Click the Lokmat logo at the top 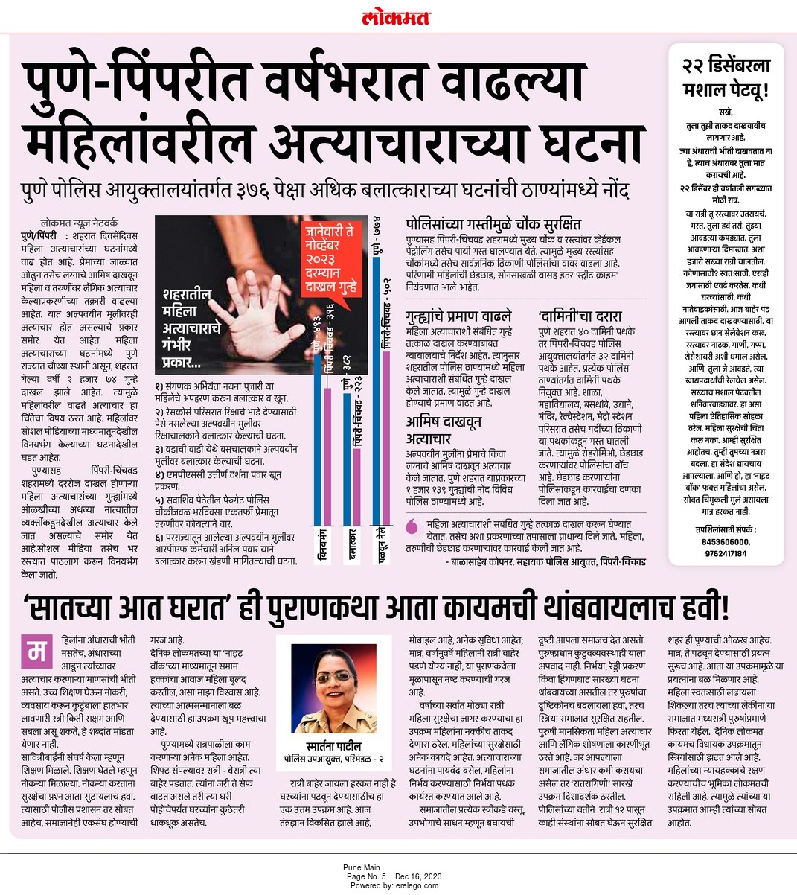[x=398, y=16]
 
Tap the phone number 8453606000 [x=726, y=543]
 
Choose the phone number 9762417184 [x=726, y=553]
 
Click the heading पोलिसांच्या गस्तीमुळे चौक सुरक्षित [x=493, y=223]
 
